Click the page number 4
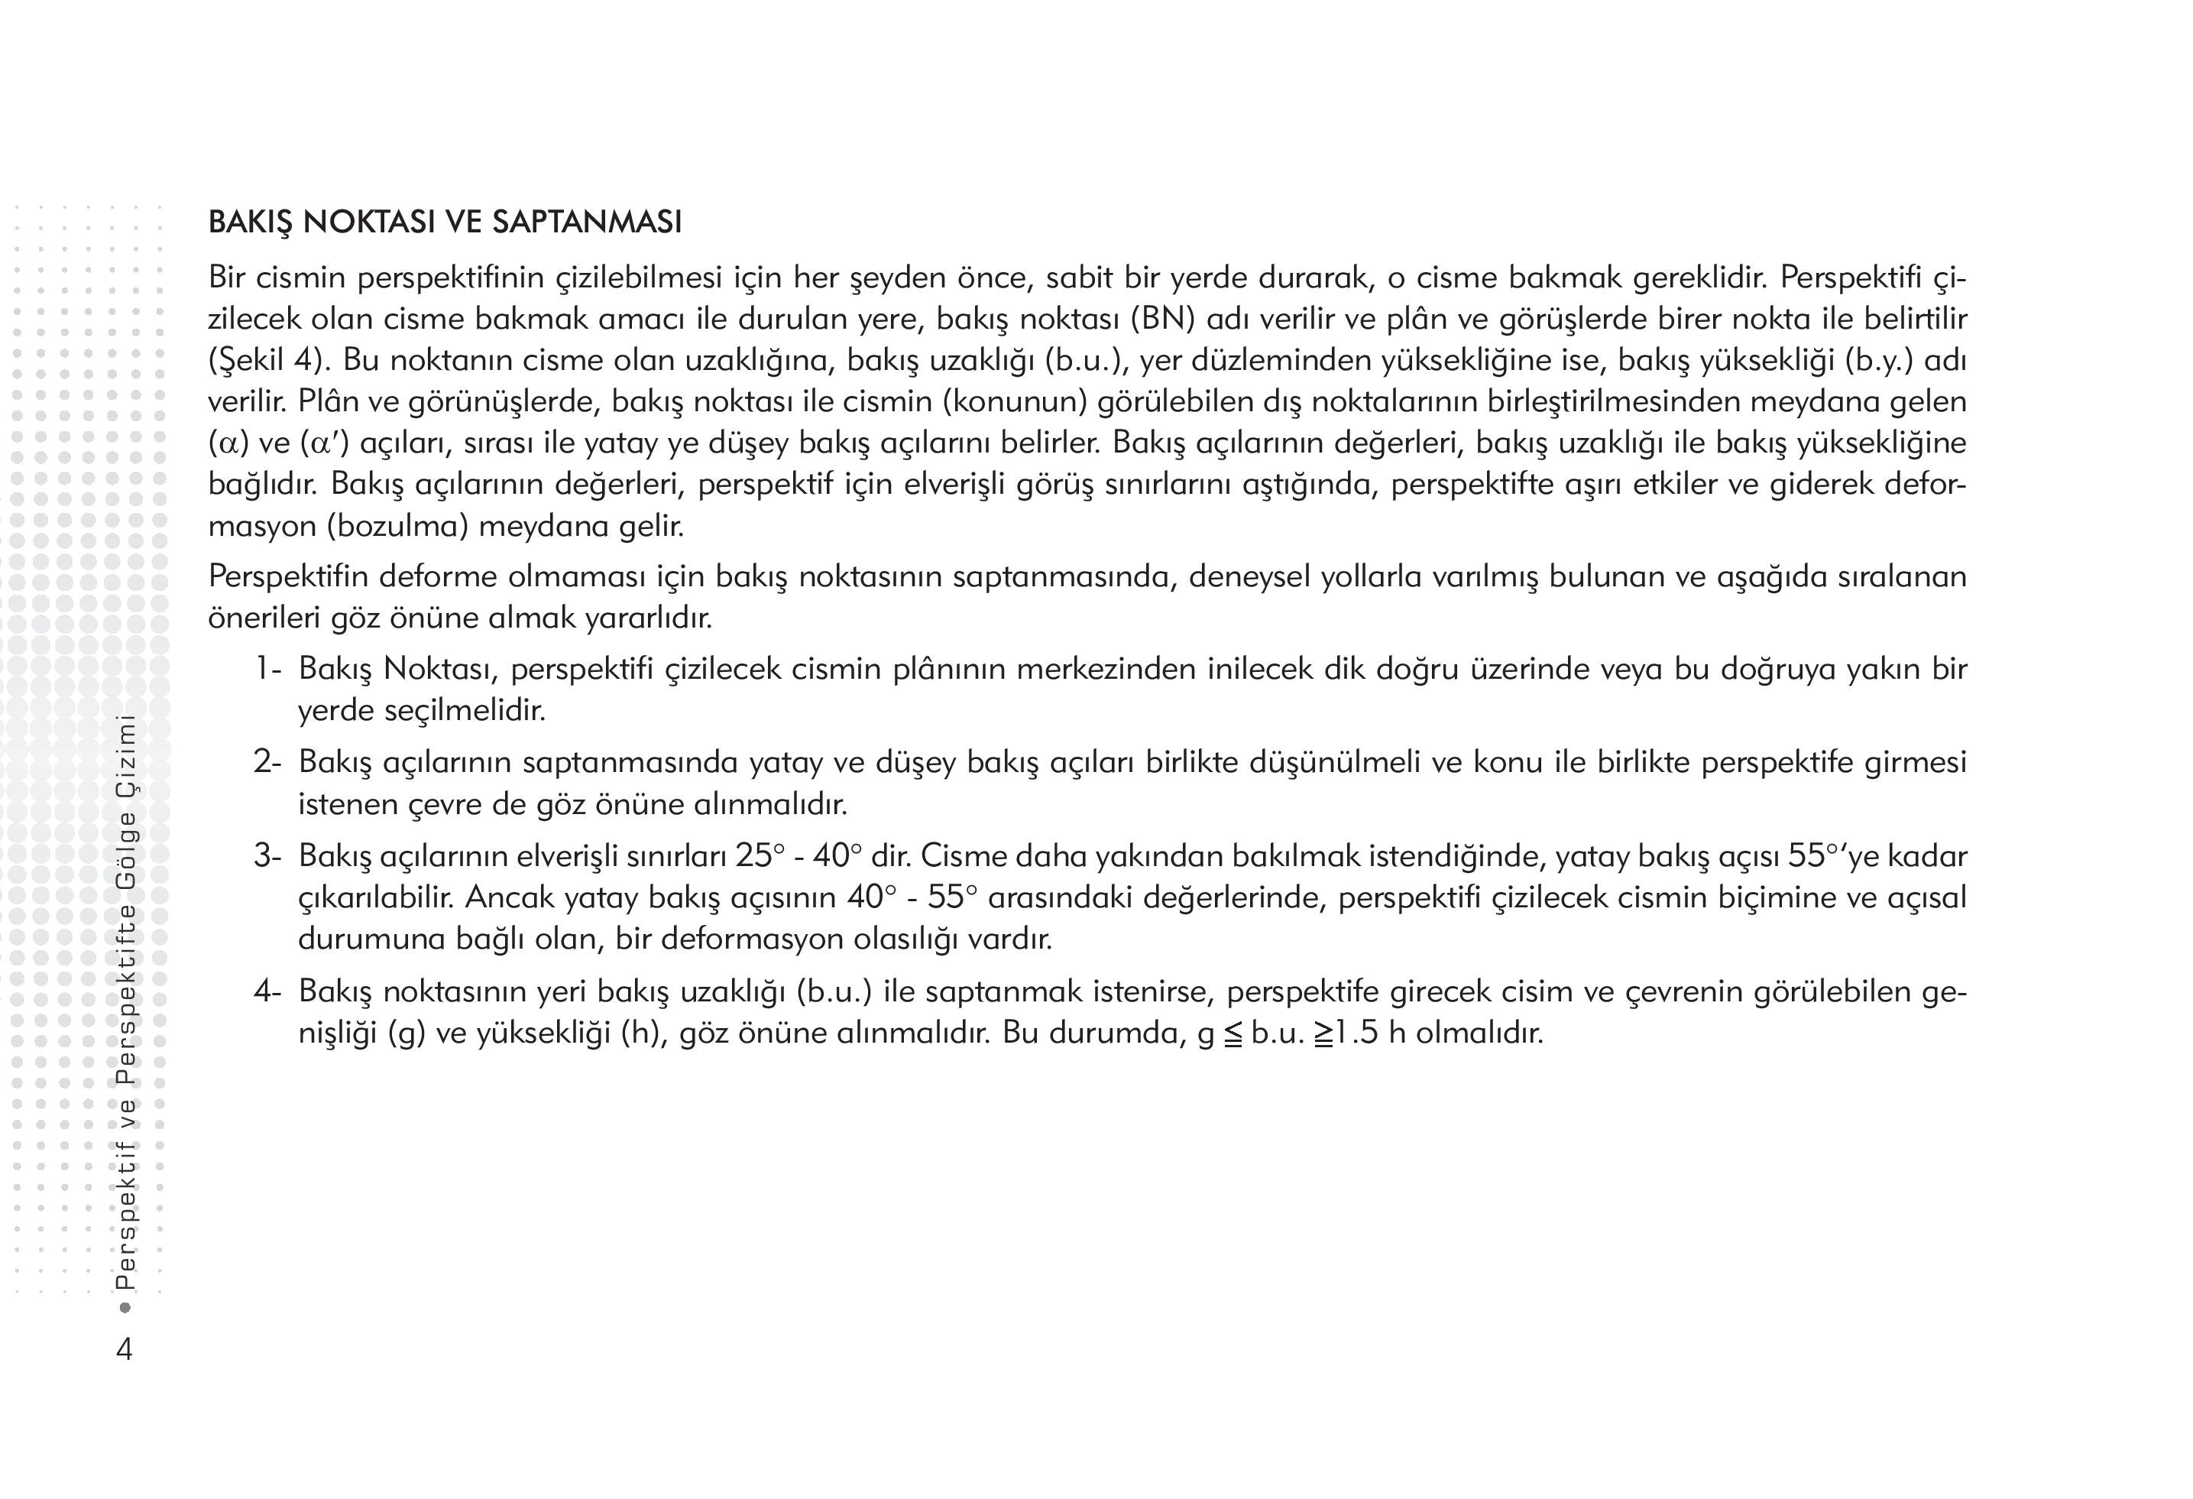pyautogui.click(x=124, y=1349)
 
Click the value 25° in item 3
pyautogui.click(x=760, y=856)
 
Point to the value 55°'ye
pyautogui.click(x=1829, y=856)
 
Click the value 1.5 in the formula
pyautogui.click(x=1356, y=1033)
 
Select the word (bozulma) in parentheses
pyautogui.click(x=398, y=526)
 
